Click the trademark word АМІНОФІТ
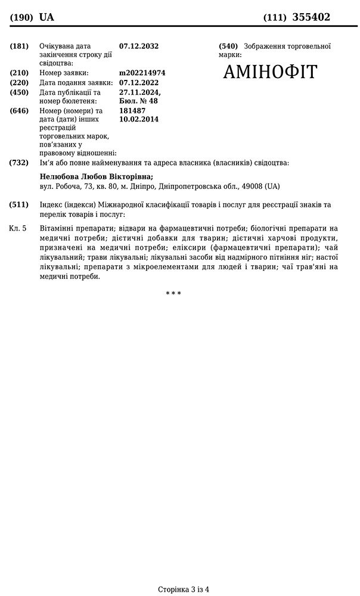pyautogui.click(x=270, y=72)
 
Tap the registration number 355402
pyautogui.click(x=311, y=17)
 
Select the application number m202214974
pyautogui.click(x=142, y=73)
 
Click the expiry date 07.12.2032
pyautogui.click(x=139, y=46)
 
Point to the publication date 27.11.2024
pyautogui.click(x=139, y=92)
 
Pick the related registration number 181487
pyautogui.click(x=132, y=111)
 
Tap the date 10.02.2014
pyautogui.click(x=139, y=119)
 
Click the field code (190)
pyautogui.click(x=21, y=18)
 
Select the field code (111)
pyautogui.click(x=275, y=18)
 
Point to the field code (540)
pyautogui.click(x=228, y=46)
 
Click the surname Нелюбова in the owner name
pyautogui.click(x=58, y=176)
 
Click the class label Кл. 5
pyautogui.click(x=18, y=228)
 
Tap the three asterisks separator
pyautogui.click(x=173, y=293)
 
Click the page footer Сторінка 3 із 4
pyautogui.click(x=184, y=589)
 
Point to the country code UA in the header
pyautogui.click(x=46, y=17)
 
